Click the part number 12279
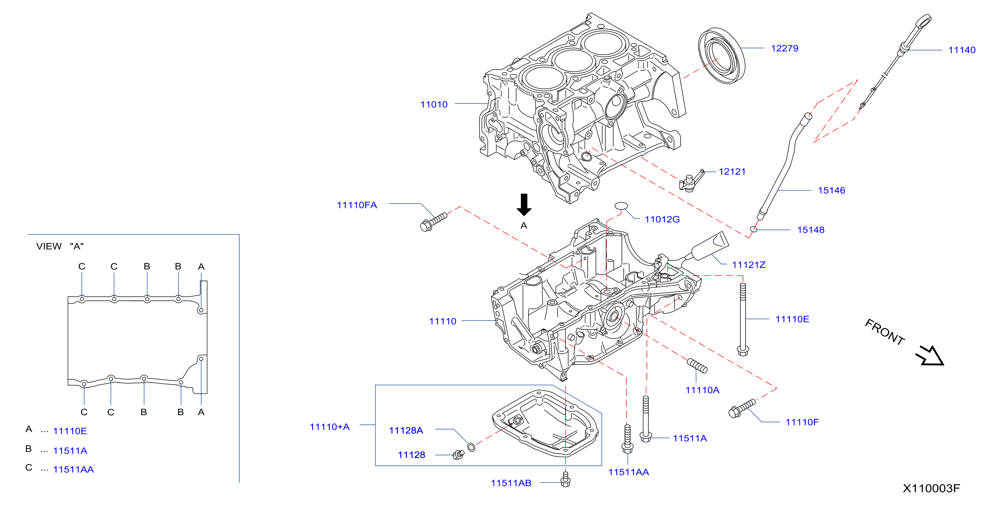coord(784,48)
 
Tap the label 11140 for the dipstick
coord(962,50)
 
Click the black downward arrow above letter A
coord(524,205)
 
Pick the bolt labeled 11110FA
coord(433,222)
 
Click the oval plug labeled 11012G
coord(621,206)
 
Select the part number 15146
coord(832,191)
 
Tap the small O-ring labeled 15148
coord(753,229)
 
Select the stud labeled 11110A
coord(697,365)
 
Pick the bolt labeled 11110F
coord(742,409)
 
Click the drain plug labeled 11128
coord(458,455)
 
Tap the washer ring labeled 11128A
coord(471,447)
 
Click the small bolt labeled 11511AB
coord(565,479)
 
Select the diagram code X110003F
coord(931,489)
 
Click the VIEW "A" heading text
coord(60,246)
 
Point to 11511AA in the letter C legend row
coord(74,470)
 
